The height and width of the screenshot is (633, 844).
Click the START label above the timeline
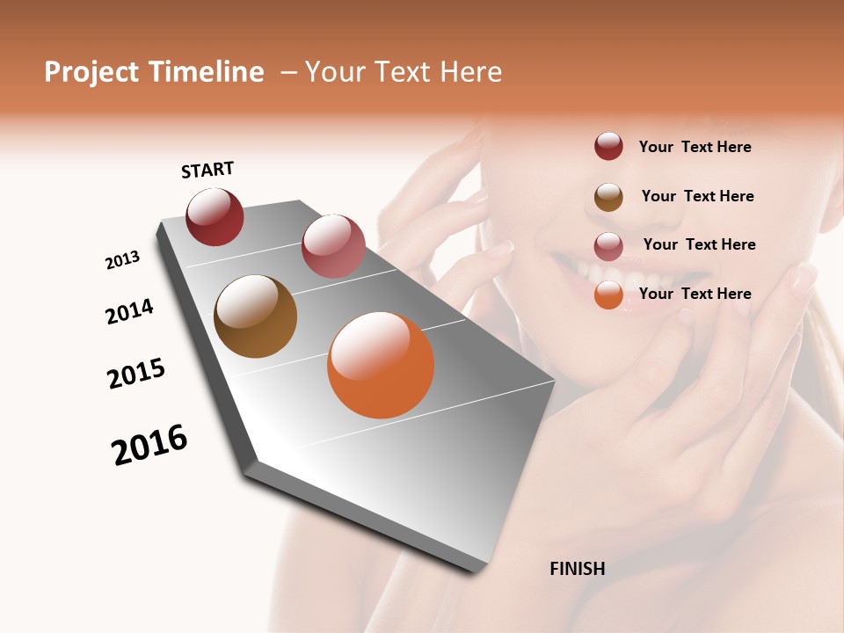pos(207,170)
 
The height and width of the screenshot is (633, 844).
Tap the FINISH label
pos(577,569)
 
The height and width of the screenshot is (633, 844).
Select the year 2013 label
pos(123,260)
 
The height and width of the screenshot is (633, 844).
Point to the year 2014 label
pos(130,311)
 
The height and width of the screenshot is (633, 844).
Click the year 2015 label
pos(136,374)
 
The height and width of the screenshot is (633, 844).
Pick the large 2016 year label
pos(149,445)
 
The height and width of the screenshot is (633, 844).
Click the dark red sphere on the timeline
pos(215,217)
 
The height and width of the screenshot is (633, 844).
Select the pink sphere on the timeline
pos(333,246)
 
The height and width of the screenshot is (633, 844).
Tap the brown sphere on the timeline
pos(255,316)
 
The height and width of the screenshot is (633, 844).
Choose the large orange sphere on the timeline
pos(381,365)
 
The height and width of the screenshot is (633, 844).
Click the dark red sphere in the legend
pos(608,147)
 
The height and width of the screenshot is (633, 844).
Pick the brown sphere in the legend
pos(608,197)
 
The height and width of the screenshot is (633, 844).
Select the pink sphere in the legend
pos(608,246)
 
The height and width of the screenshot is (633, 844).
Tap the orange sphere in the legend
pos(608,295)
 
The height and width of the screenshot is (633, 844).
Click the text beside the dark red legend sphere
pos(695,147)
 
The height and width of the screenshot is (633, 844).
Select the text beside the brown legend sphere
pos(697,196)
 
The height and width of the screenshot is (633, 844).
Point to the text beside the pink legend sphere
pos(699,244)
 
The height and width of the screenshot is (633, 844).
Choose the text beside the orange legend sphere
pos(695,294)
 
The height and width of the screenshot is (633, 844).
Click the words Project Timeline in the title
pos(154,72)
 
